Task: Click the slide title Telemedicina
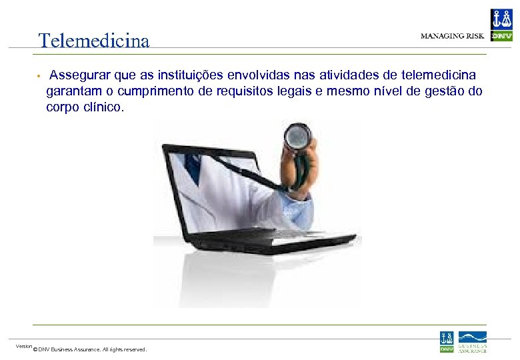[94, 41]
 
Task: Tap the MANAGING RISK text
[452, 36]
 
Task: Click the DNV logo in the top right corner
[501, 25]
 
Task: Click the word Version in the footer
[24, 345]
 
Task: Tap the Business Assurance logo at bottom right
[472, 341]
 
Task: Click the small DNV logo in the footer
[447, 341]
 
